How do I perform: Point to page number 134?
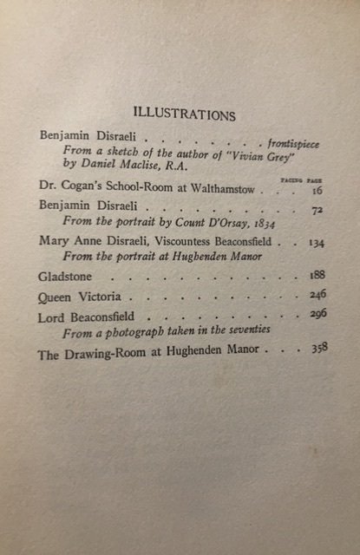[316, 243]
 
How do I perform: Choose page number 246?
[317, 295]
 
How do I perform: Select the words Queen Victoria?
[79, 297]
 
